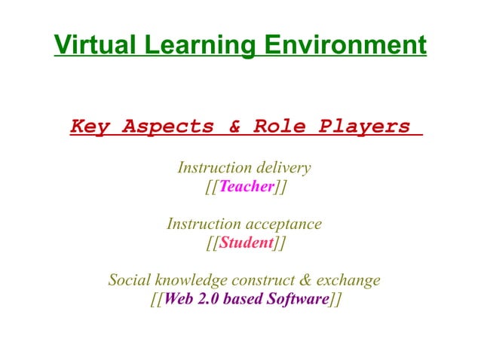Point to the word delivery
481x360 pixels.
pos(283,166)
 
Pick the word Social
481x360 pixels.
pos(129,281)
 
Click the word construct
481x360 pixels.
pos(262,281)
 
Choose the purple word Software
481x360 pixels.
pos(298,299)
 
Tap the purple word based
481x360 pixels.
pos(240,299)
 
